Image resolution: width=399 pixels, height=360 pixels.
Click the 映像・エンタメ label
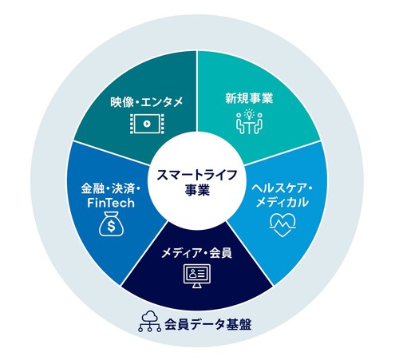click(147, 102)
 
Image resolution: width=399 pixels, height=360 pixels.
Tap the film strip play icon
click(147, 124)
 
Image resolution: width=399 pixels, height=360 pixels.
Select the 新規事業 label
click(249, 98)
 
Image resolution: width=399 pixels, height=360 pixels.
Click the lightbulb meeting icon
click(249, 122)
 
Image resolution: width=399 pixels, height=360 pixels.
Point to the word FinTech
click(111, 203)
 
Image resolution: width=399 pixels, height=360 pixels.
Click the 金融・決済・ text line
click(111, 189)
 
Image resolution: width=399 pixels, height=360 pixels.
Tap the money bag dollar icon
click(112, 224)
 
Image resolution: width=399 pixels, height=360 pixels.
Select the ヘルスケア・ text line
click(282, 188)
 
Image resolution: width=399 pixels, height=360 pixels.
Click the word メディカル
click(282, 203)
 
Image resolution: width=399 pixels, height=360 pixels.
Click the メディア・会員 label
click(197, 253)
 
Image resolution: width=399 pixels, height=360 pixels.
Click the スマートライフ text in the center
click(197, 176)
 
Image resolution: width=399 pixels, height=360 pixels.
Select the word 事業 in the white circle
click(197, 191)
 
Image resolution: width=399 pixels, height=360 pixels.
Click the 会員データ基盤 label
click(208, 325)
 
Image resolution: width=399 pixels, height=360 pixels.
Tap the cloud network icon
click(149, 322)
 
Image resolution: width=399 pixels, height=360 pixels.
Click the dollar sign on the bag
click(112, 227)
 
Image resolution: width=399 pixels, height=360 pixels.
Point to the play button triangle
click(147, 124)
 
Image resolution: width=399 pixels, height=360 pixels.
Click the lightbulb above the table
click(249, 114)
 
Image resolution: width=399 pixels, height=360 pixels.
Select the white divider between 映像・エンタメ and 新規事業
click(197, 91)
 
